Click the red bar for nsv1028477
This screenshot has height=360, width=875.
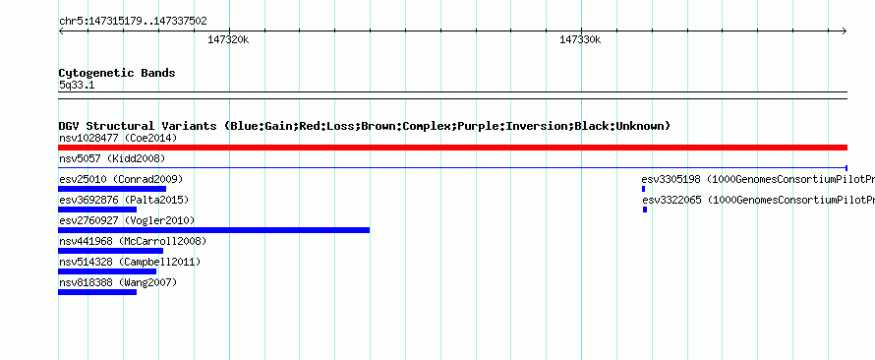[x=452, y=148]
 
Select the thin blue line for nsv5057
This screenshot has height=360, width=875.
[x=452, y=167]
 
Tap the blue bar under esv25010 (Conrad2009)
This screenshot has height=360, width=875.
[x=112, y=189]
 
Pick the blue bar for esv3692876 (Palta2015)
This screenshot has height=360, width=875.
[x=97, y=210]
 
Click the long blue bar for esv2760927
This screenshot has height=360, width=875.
[x=213, y=230]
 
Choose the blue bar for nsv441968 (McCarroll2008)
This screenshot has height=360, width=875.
[x=110, y=251]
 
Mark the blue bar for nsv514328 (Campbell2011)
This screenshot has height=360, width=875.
[x=107, y=271]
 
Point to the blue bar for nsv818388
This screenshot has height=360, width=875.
[x=97, y=292]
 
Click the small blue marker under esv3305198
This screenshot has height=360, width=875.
[x=643, y=189]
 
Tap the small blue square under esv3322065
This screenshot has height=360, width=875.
[x=645, y=210]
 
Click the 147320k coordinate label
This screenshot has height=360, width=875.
[x=228, y=39]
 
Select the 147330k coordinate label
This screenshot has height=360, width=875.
[x=580, y=39]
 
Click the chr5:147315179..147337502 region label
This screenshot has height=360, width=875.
[x=133, y=22]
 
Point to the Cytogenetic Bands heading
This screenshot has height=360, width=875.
[x=117, y=73]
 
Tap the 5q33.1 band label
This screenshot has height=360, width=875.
[x=77, y=86]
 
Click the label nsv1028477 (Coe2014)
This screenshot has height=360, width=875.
[x=118, y=138]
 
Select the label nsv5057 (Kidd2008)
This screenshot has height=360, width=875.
[x=112, y=158]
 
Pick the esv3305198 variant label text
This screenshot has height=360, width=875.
[x=671, y=179]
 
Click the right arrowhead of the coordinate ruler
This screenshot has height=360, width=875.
[x=846, y=31]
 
